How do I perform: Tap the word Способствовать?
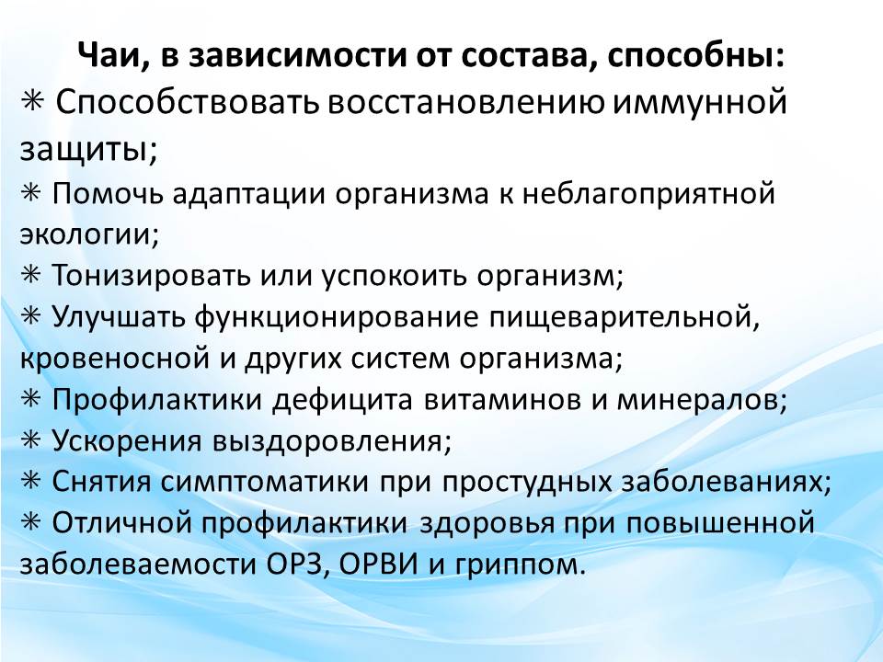(188, 103)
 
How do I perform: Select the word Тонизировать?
(151, 276)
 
